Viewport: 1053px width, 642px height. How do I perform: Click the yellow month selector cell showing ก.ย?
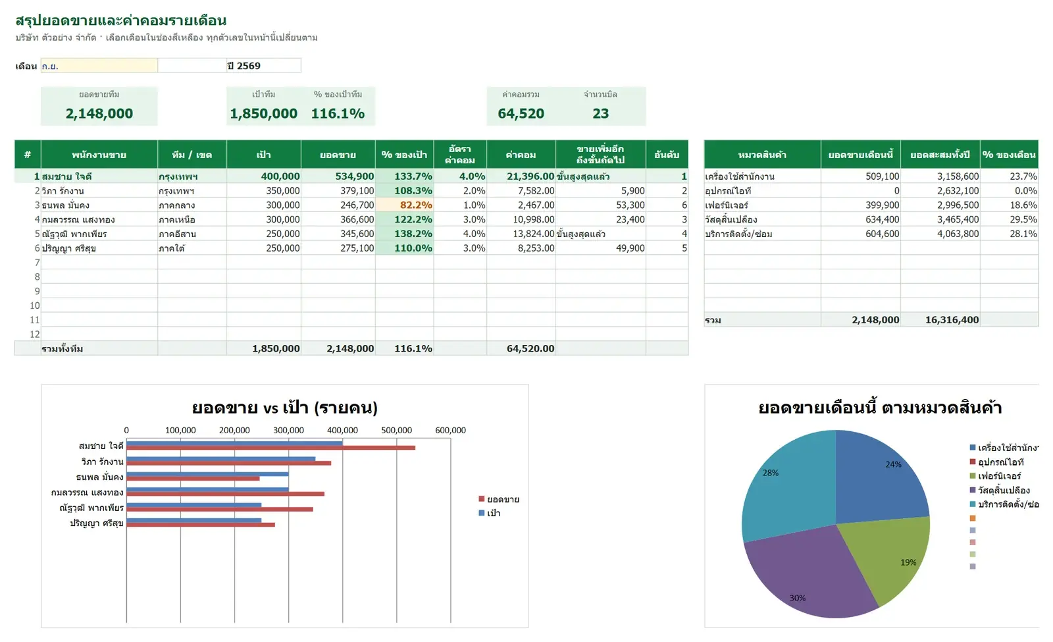click(x=99, y=66)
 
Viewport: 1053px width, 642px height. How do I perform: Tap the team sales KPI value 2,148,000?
click(x=99, y=113)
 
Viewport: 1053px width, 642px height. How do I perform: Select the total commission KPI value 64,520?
click(x=521, y=113)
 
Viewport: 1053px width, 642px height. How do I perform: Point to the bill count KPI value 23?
click(x=600, y=113)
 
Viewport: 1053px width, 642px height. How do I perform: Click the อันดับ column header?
click(x=667, y=154)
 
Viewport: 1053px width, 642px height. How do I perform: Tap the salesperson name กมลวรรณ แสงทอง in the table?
click(x=78, y=220)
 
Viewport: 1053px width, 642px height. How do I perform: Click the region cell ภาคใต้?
click(x=172, y=248)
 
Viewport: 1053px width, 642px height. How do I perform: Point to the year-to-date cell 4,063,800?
click(x=958, y=234)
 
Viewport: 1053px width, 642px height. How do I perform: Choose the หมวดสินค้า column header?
click(x=762, y=154)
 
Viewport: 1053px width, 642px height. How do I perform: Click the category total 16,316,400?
click(x=952, y=320)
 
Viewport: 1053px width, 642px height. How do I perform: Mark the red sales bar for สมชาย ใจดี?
click(x=270, y=448)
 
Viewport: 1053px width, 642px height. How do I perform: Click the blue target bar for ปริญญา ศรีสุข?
click(x=193, y=520)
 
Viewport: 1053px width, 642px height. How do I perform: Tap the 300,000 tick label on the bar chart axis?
click(x=288, y=431)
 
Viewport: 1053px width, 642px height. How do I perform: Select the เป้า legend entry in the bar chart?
click(x=490, y=513)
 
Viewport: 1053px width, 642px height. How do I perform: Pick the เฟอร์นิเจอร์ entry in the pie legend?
click(x=995, y=477)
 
